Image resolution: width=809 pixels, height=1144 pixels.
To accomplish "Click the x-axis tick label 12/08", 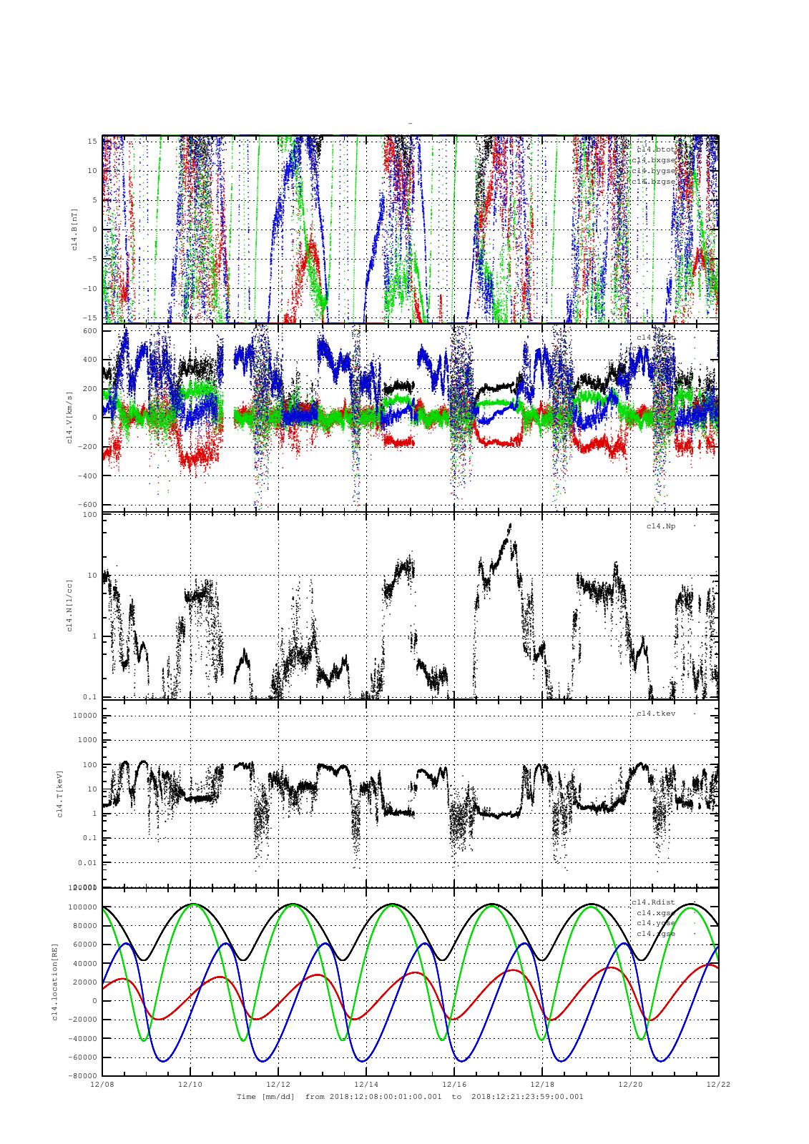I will tap(102, 1085).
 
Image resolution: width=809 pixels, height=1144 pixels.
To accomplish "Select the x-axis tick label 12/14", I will tap(366, 1085).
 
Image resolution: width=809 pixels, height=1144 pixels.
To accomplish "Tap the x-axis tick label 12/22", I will tap(718, 1085).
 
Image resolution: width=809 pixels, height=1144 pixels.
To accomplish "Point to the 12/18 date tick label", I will tap(542, 1085).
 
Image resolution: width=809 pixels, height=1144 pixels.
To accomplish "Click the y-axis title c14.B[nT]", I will tap(74, 229).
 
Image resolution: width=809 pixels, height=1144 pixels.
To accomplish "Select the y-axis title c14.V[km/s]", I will tap(70, 418).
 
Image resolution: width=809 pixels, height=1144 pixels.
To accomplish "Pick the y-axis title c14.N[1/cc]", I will tap(70, 606).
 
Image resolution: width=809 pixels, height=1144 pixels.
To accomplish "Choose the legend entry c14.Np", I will tap(661, 526).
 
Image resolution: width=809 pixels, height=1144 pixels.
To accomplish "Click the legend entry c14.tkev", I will tap(656, 714).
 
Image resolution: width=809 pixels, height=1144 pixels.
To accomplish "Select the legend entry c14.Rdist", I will tap(653, 902).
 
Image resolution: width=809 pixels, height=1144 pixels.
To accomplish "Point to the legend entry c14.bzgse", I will tap(653, 182).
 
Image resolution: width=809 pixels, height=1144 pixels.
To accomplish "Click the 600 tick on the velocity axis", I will tap(89, 330).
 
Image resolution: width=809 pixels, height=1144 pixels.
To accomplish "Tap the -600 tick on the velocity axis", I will tap(87, 505).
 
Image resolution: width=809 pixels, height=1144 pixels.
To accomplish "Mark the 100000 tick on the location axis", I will tap(82, 907).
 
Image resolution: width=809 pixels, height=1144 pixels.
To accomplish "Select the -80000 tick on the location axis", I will tap(82, 1076).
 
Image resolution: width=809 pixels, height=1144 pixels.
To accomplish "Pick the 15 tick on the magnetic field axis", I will tap(92, 141).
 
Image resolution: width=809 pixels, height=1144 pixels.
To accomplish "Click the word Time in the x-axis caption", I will tap(247, 1096).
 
